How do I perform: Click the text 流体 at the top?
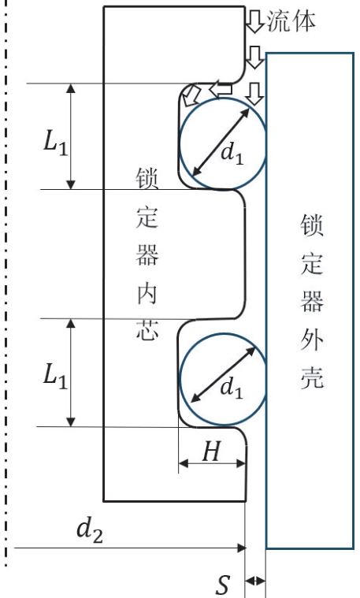click(x=291, y=20)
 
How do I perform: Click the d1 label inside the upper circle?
click(x=232, y=154)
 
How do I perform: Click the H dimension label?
click(x=212, y=451)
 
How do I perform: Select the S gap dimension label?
click(x=224, y=584)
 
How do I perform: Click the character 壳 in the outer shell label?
click(x=312, y=377)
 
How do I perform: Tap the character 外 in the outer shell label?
click(x=312, y=339)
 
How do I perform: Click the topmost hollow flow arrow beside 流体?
click(x=254, y=21)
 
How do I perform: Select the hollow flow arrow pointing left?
click(x=220, y=90)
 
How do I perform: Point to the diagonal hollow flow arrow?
click(x=191, y=95)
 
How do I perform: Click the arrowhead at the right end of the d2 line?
click(x=242, y=548)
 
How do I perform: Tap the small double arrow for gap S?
click(x=254, y=581)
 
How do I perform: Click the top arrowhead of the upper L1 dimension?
click(x=71, y=88)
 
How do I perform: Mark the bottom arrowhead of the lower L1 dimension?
click(x=71, y=422)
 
